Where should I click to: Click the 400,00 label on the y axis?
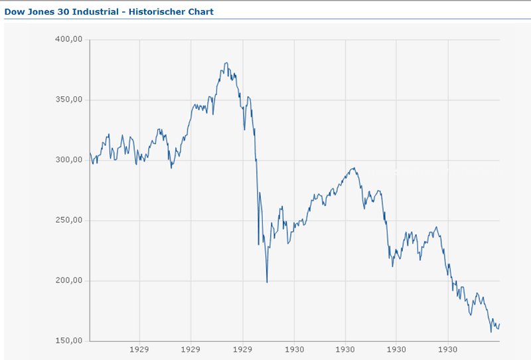[69, 40]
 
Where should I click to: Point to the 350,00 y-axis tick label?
[69, 100]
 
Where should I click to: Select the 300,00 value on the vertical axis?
[69, 160]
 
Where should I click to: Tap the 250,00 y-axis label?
[69, 221]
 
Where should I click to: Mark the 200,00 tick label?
[69, 281]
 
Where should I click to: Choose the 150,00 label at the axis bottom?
[69, 341]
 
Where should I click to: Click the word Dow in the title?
[14, 12]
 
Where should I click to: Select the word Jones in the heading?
[40, 12]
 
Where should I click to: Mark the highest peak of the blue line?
[226, 63]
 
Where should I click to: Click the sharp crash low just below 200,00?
[267, 282]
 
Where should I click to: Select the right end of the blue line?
[499, 324]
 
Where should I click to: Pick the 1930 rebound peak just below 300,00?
[354, 168]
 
